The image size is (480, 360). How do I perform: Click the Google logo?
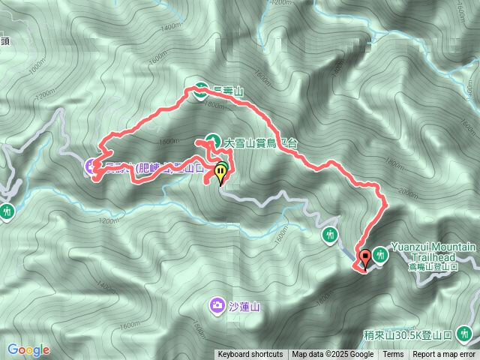[28, 349]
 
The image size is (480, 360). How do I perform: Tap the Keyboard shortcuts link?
[250, 355]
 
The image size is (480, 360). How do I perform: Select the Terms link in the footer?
[393, 355]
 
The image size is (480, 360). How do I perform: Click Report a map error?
[444, 355]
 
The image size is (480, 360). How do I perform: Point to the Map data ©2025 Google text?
[333, 355]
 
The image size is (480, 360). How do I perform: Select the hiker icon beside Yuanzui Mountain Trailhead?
[380, 256]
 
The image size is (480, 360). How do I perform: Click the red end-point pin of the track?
[365, 258]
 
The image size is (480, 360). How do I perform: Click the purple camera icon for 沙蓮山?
[217, 304]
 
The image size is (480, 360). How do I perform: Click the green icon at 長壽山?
[201, 88]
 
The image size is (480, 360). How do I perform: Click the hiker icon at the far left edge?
[7, 211]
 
